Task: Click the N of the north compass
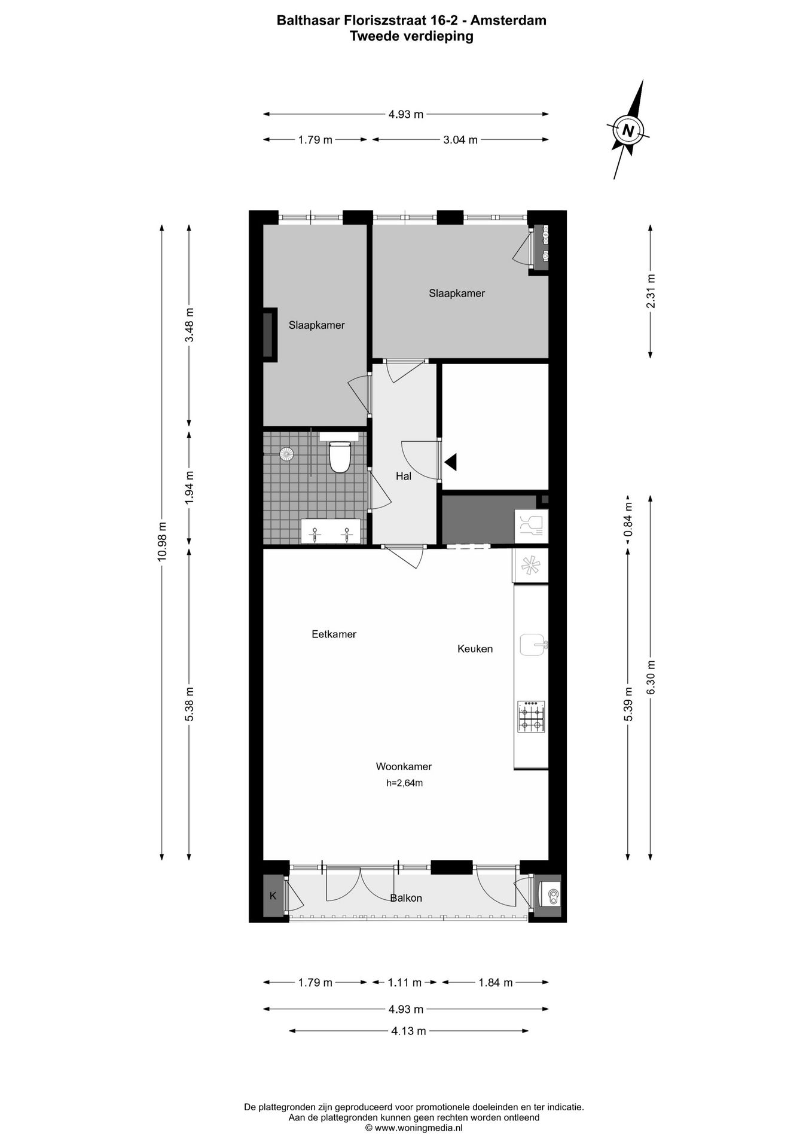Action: (x=627, y=130)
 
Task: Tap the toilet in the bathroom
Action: (x=340, y=457)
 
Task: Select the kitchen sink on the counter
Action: (x=532, y=645)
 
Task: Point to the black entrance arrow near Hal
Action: (x=450, y=462)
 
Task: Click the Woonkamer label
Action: (x=404, y=767)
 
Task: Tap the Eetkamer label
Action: (x=334, y=634)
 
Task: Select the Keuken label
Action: (x=475, y=649)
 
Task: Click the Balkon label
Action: (x=406, y=898)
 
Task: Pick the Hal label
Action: (x=404, y=477)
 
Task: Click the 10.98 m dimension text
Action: (x=162, y=541)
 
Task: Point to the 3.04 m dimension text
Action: (x=460, y=140)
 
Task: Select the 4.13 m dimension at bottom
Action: (x=408, y=1031)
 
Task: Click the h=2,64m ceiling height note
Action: (x=404, y=783)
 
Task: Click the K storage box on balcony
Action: (x=273, y=896)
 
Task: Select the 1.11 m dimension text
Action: (x=405, y=982)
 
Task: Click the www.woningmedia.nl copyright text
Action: (x=414, y=1128)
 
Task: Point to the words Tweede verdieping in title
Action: (x=411, y=36)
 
